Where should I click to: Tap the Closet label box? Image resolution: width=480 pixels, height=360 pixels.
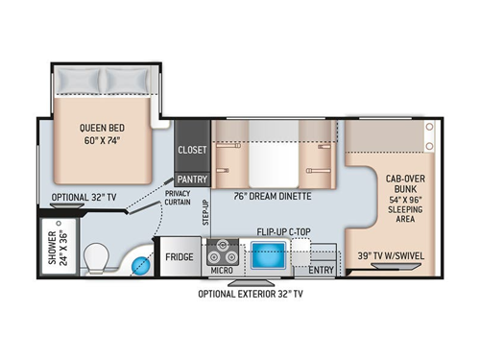(x=191, y=150)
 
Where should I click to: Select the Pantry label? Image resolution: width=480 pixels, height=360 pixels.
(x=191, y=179)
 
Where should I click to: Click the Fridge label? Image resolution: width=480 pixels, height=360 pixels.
(x=180, y=257)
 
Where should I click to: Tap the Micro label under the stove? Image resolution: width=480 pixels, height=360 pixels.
(x=224, y=272)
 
